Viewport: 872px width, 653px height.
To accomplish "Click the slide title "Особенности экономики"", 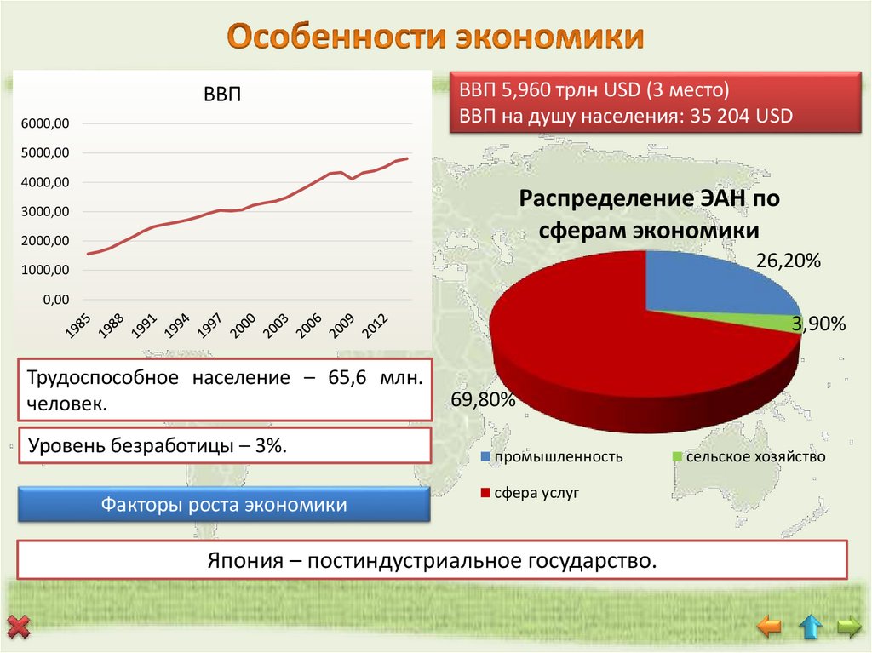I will click(x=435, y=37).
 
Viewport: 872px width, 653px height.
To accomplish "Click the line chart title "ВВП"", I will click(x=222, y=94).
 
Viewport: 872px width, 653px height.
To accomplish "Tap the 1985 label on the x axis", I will click(x=78, y=326).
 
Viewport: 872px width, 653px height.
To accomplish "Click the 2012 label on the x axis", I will click(x=374, y=326).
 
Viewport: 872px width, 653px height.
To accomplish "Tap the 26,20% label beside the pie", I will click(x=788, y=262).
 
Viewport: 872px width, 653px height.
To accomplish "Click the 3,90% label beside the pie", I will click(x=817, y=324).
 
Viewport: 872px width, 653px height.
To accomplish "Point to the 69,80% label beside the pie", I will click(x=484, y=400).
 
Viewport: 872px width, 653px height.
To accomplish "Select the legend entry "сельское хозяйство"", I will click(x=749, y=457).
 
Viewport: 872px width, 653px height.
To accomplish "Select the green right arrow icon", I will click(x=849, y=627).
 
